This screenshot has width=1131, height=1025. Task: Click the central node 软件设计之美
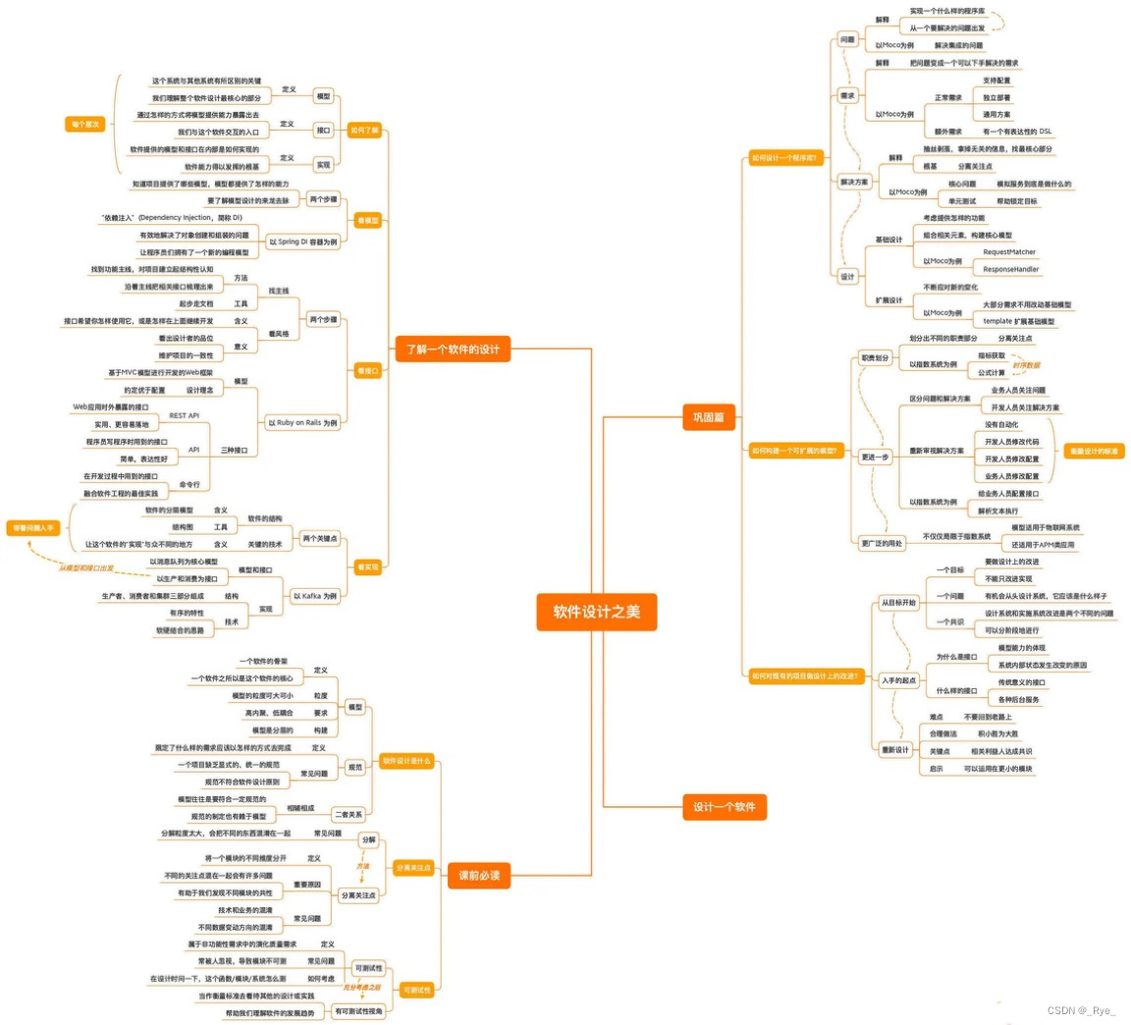pyautogui.click(x=596, y=612)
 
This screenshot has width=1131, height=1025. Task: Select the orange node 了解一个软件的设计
pyautogui.click(x=454, y=349)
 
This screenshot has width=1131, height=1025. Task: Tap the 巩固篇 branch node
pyautogui.click(x=708, y=417)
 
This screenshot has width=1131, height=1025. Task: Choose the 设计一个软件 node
pyautogui.click(x=724, y=807)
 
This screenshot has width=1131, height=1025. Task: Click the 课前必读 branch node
pyautogui.click(x=479, y=875)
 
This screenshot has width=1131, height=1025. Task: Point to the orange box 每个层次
pyautogui.click(x=85, y=125)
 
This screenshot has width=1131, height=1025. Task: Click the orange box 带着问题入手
pyautogui.click(x=33, y=528)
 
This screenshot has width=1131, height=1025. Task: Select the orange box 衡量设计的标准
pyautogui.click(x=1094, y=452)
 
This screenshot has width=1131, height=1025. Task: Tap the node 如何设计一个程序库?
pyautogui.click(x=784, y=158)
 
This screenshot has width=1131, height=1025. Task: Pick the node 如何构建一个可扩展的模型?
pyautogui.click(x=793, y=452)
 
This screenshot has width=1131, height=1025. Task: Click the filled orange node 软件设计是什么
pyautogui.click(x=405, y=761)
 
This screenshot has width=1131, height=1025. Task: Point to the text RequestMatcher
pyautogui.click(x=1009, y=252)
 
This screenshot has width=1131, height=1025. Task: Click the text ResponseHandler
pyautogui.click(x=1011, y=269)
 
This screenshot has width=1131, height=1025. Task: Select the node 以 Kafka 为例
pyautogui.click(x=314, y=596)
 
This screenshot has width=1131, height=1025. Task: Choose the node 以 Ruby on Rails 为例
pyautogui.click(x=302, y=423)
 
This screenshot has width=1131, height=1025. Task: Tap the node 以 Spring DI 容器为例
pyautogui.click(x=303, y=242)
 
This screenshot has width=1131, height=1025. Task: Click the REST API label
pyautogui.click(x=184, y=415)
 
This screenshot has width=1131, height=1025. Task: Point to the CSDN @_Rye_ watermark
pyautogui.click(x=1082, y=1011)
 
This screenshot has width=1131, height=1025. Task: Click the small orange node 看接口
pyautogui.click(x=368, y=371)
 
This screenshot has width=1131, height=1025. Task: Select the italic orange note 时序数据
pyautogui.click(x=1026, y=365)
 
